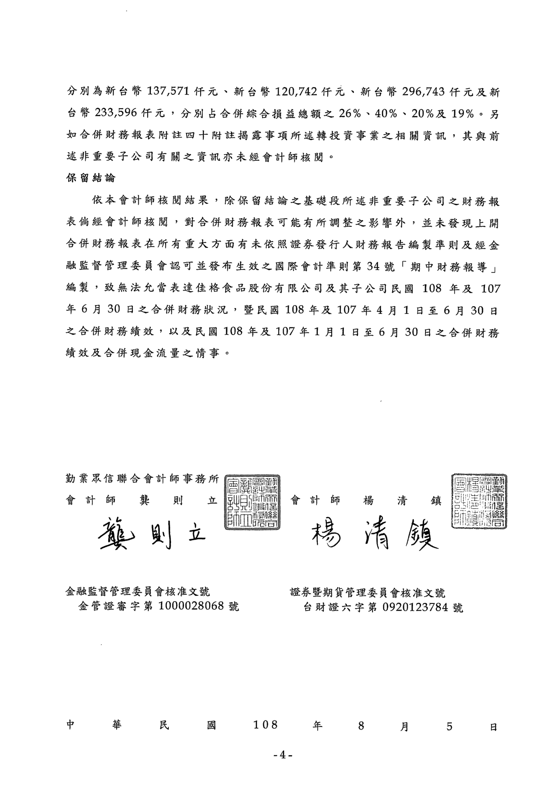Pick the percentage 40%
[385, 114]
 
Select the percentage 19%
[463, 114]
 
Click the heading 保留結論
[91, 178]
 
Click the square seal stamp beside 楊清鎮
[480, 500]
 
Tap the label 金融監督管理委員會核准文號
[137, 593]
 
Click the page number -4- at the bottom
[283, 755]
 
